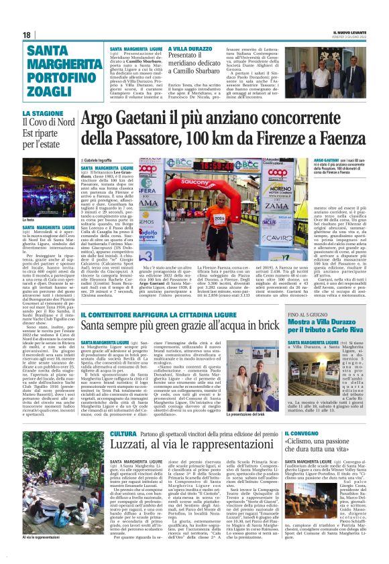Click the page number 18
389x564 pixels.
click(x=26, y=34)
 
